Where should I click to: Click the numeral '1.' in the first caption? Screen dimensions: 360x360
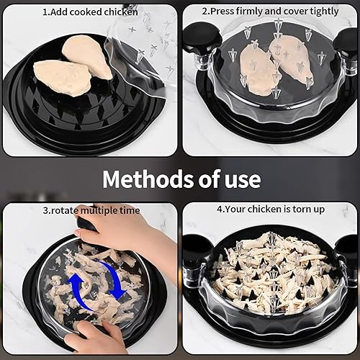click(x=46, y=12)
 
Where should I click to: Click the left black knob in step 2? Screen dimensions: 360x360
click(x=199, y=39)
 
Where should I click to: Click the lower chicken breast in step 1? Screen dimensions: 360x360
click(x=63, y=78)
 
